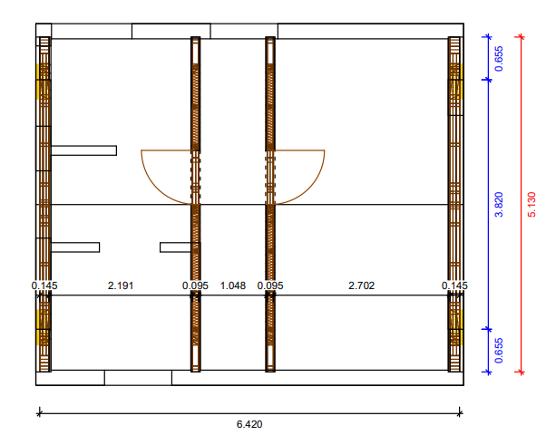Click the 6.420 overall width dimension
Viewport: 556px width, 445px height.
pyautogui.click(x=249, y=424)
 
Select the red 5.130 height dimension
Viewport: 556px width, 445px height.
pyautogui.click(x=532, y=205)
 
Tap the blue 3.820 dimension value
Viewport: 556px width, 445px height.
pyautogui.click(x=499, y=205)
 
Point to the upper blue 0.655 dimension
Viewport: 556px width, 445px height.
pyautogui.click(x=499, y=59)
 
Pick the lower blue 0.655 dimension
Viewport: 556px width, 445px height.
pyautogui.click(x=499, y=351)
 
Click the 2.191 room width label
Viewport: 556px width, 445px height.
pyautogui.click(x=121, y=285)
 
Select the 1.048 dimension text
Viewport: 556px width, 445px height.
pyautogui.click(x=233, y=285)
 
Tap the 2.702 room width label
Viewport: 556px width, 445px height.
pyautogui.click(x=361, y=285)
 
